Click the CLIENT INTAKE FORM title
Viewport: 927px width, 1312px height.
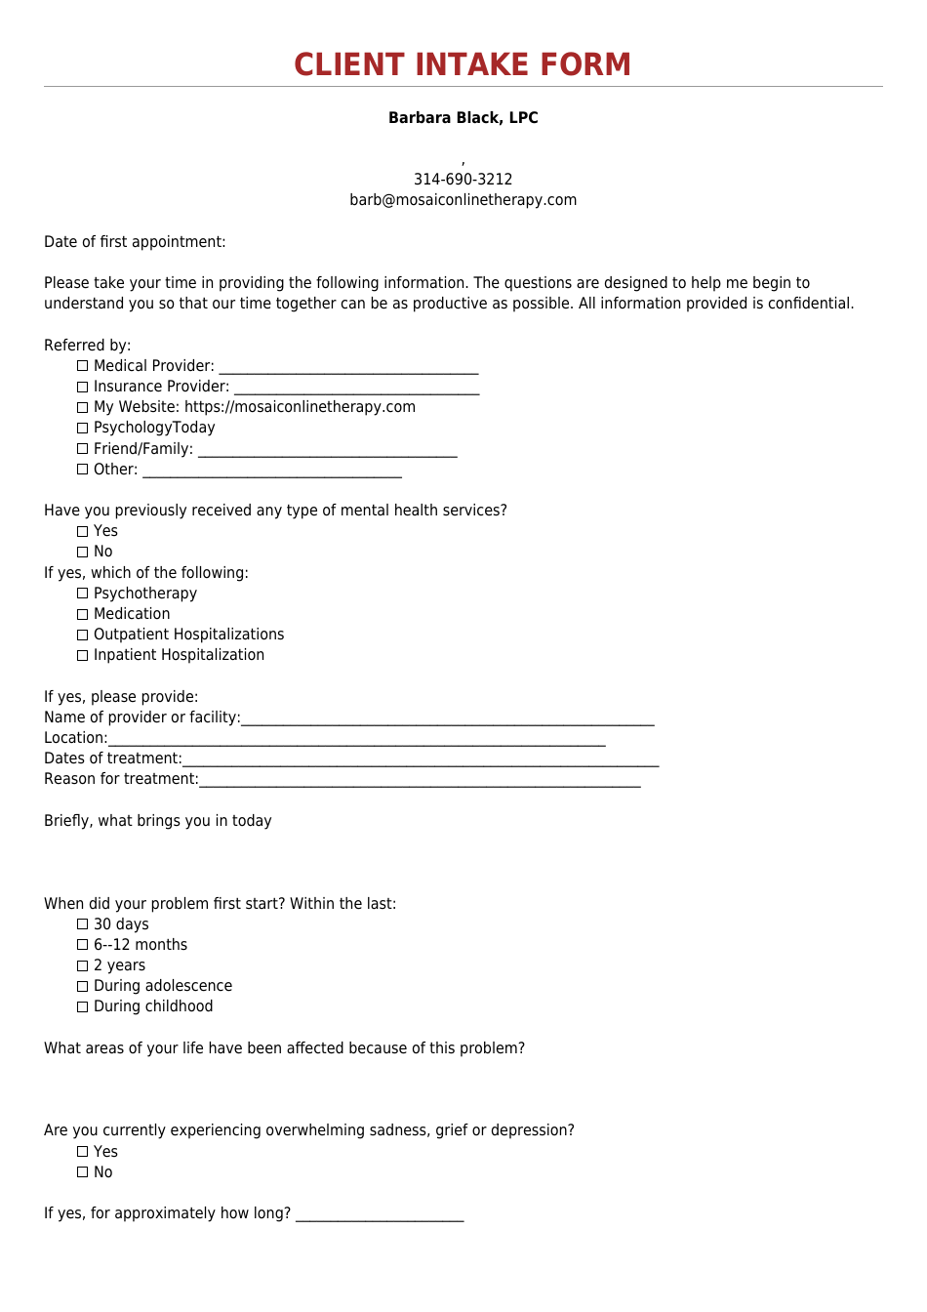(x=463, y=64)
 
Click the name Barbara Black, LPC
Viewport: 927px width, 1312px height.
(x=463, y=118)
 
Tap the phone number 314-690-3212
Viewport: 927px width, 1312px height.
(x=463, y=180)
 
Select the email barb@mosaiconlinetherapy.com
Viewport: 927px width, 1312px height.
(x=463, y=200)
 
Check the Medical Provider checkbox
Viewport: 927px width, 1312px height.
(x=83, y=366)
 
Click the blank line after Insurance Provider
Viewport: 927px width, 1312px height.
(x=356, y=389)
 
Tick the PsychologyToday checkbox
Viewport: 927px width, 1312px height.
(x=83, y=428)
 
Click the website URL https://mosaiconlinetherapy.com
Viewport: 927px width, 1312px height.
(x=300, y=407)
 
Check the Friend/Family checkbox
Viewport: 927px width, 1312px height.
(x=83, y=449)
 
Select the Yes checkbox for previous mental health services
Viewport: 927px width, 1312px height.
(x=83, y=531)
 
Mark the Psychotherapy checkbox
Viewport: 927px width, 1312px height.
(x=83, y=594)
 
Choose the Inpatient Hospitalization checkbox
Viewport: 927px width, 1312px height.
(x=83, y=655)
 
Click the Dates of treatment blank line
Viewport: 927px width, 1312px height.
(x=420, y=760)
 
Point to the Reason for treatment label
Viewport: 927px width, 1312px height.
(x=121, y=779)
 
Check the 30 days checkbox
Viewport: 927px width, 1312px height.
(x=83, y=924)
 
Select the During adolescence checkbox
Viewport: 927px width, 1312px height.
(x=83, y=986)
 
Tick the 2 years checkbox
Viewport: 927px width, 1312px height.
(x=83, y=965)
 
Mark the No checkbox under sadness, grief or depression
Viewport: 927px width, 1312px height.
(x=83, y=1172)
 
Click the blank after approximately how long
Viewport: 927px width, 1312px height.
(x=380, y=1215)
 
